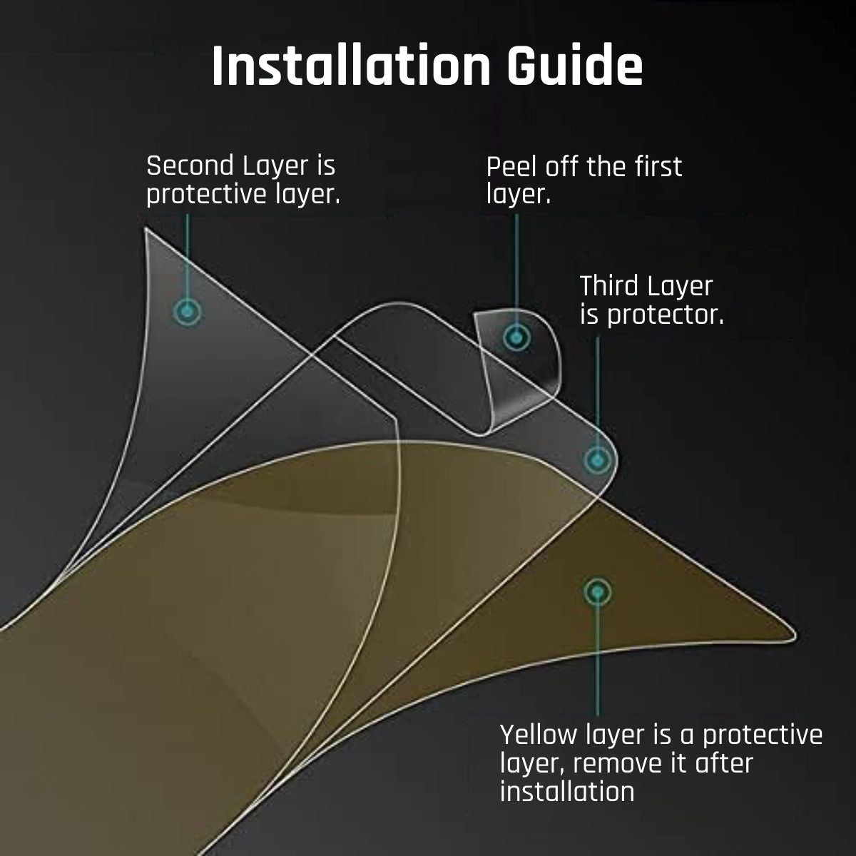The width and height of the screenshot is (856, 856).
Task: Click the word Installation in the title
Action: tap(350, 66)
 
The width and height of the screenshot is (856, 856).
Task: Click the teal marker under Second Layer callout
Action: tap(187, 312)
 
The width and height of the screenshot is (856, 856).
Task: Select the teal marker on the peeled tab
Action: tap(516, 337)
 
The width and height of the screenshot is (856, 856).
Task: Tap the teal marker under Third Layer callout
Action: tap(598, 460)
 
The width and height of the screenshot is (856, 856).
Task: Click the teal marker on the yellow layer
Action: tap(598, 592)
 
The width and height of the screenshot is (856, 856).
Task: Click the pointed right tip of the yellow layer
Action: tap(793, 634)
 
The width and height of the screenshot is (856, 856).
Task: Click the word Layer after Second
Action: tap(276, 168)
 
